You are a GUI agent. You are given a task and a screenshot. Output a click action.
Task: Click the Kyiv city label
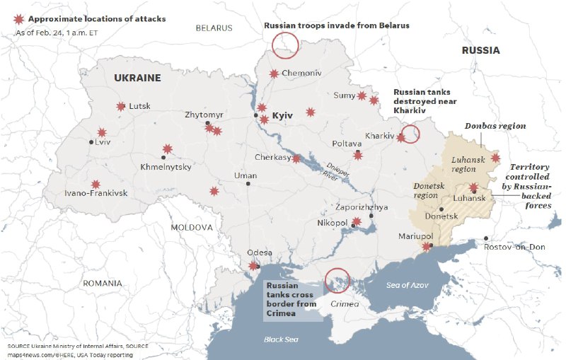tap(282, 115)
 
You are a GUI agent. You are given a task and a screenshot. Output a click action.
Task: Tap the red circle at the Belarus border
tap(286, 46)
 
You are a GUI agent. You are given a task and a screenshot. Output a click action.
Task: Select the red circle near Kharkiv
tap(410, 134)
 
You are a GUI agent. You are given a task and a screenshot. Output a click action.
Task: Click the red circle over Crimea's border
tap(337, 281)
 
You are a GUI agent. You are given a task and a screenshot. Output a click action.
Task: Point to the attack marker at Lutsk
tap(120, 107)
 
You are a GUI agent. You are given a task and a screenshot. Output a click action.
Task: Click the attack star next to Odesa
tap(254, 266)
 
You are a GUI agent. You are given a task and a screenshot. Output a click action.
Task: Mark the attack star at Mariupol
tap(427, 246)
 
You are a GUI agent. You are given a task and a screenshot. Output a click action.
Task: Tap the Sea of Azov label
tap(408, 285)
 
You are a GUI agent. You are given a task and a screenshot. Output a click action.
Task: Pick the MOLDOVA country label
tap(191, 228)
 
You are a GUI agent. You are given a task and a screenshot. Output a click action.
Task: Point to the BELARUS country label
tap(214, 28)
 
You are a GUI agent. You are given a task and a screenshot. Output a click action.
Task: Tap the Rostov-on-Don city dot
tap(486, 238)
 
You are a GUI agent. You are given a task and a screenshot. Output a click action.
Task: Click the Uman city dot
tap(248, 184)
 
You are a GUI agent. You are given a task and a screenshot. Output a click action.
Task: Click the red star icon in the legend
tap(18, 18)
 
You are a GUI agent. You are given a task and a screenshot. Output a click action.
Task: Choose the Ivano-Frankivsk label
tap(96, 193)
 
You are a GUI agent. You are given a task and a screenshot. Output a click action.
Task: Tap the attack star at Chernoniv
tap(274, 74)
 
